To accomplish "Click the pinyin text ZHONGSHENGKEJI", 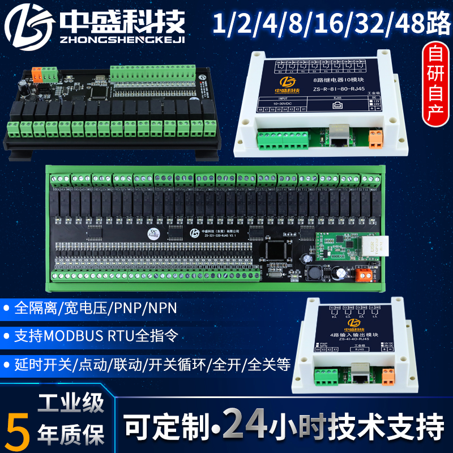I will point(122,38).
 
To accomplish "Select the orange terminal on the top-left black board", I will point(39,74).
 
